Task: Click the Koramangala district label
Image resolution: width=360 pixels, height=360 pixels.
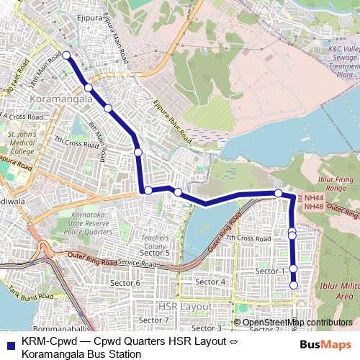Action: point(61,99)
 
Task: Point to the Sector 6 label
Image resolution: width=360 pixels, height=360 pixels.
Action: point(125,283)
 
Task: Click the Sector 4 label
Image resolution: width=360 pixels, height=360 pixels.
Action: point(211,281)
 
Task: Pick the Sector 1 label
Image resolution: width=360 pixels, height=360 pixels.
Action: point(271,270)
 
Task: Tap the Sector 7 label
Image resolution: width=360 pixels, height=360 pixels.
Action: point(153,320)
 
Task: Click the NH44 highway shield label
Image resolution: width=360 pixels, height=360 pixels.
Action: point(314,197)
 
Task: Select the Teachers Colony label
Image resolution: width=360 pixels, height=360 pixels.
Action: point(155,241)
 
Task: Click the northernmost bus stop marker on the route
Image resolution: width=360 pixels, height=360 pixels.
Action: point(66,55)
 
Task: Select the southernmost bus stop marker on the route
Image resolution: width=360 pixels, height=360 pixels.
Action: point(294,286)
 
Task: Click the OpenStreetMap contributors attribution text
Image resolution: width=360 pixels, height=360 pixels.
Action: point(297,323)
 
